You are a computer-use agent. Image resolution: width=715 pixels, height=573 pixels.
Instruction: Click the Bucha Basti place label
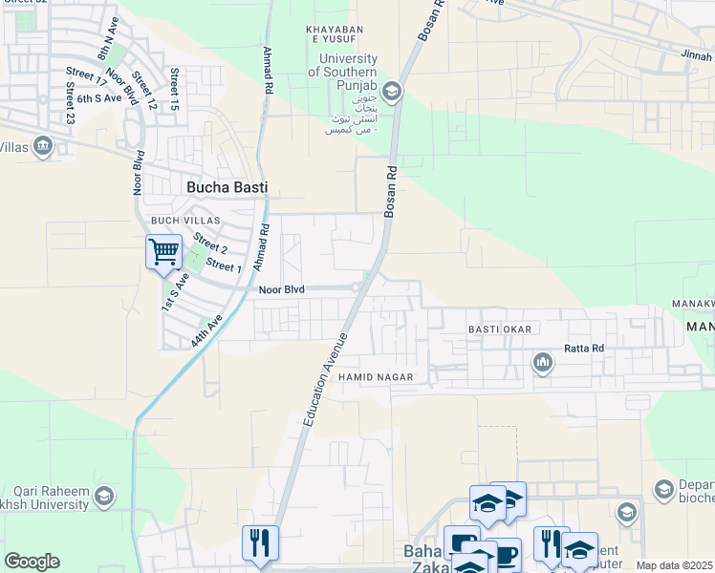point(227,188)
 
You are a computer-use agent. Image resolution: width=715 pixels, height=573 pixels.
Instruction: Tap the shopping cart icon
point(163,253)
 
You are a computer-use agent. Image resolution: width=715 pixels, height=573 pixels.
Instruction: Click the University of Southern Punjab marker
point(394,92)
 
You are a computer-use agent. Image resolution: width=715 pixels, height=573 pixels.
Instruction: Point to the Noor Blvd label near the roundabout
point(281,288)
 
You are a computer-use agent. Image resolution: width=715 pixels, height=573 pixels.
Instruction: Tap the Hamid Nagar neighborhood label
point(376,377)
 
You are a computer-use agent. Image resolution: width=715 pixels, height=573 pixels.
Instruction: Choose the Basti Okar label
point(505,329)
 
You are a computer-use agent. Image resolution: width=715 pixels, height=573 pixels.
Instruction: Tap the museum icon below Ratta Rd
point(543,363)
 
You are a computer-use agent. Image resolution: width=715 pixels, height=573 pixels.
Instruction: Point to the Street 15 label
point(174,89)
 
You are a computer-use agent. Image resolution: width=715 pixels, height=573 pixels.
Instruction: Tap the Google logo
point(32,562)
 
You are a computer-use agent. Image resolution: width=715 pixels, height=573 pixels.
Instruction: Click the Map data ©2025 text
point(674,565)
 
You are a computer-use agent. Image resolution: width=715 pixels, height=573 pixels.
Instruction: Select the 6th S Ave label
point(99,98)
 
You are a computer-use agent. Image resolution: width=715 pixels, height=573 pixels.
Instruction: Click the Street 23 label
point(70,103)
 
